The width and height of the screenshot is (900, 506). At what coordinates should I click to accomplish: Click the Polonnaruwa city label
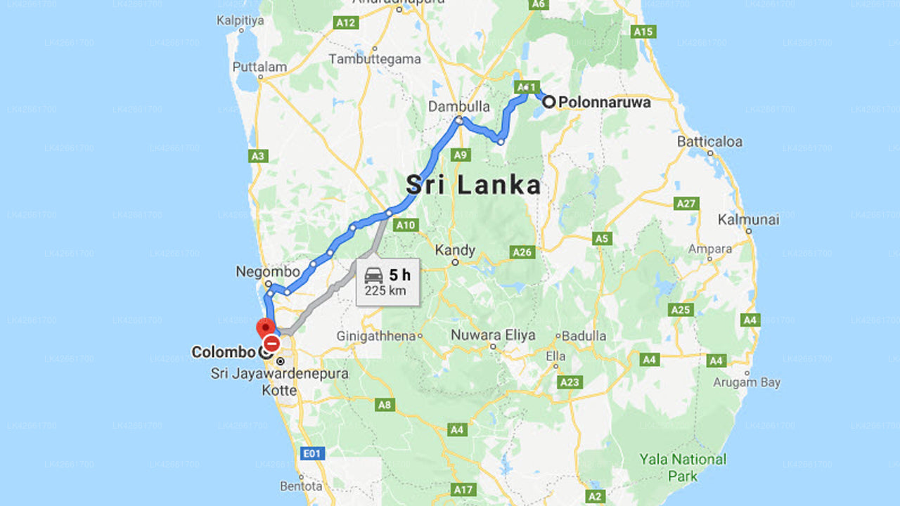point(605,102)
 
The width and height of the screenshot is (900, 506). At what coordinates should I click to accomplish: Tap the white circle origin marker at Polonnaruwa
point(548,102)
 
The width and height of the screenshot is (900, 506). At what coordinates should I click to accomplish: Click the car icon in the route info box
point(374,275)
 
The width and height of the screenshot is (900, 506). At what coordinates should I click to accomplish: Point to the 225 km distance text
point(385,291)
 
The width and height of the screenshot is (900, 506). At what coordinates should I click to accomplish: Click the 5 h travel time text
point(399,275)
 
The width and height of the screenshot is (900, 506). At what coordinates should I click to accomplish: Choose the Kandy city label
point(455,250)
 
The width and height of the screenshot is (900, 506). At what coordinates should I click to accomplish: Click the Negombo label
point(268,271)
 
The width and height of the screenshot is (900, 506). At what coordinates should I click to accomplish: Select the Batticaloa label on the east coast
point(709,141)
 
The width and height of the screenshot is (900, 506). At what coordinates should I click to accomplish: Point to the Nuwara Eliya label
point(493,335)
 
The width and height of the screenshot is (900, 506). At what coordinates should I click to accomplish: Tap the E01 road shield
point(311,453)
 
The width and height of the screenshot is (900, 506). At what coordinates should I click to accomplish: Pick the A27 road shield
point(686,204)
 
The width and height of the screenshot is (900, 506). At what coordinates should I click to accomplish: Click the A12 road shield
point(346,23)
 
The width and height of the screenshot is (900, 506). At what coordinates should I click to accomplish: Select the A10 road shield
point(406,226)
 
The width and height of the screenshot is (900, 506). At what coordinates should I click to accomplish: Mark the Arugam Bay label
point(747,382)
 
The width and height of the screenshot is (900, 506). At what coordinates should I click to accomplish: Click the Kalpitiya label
point(240,20)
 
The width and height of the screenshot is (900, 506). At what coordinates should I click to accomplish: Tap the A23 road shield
point(569,382)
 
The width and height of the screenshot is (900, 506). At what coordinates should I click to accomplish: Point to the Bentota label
point(301,486)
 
